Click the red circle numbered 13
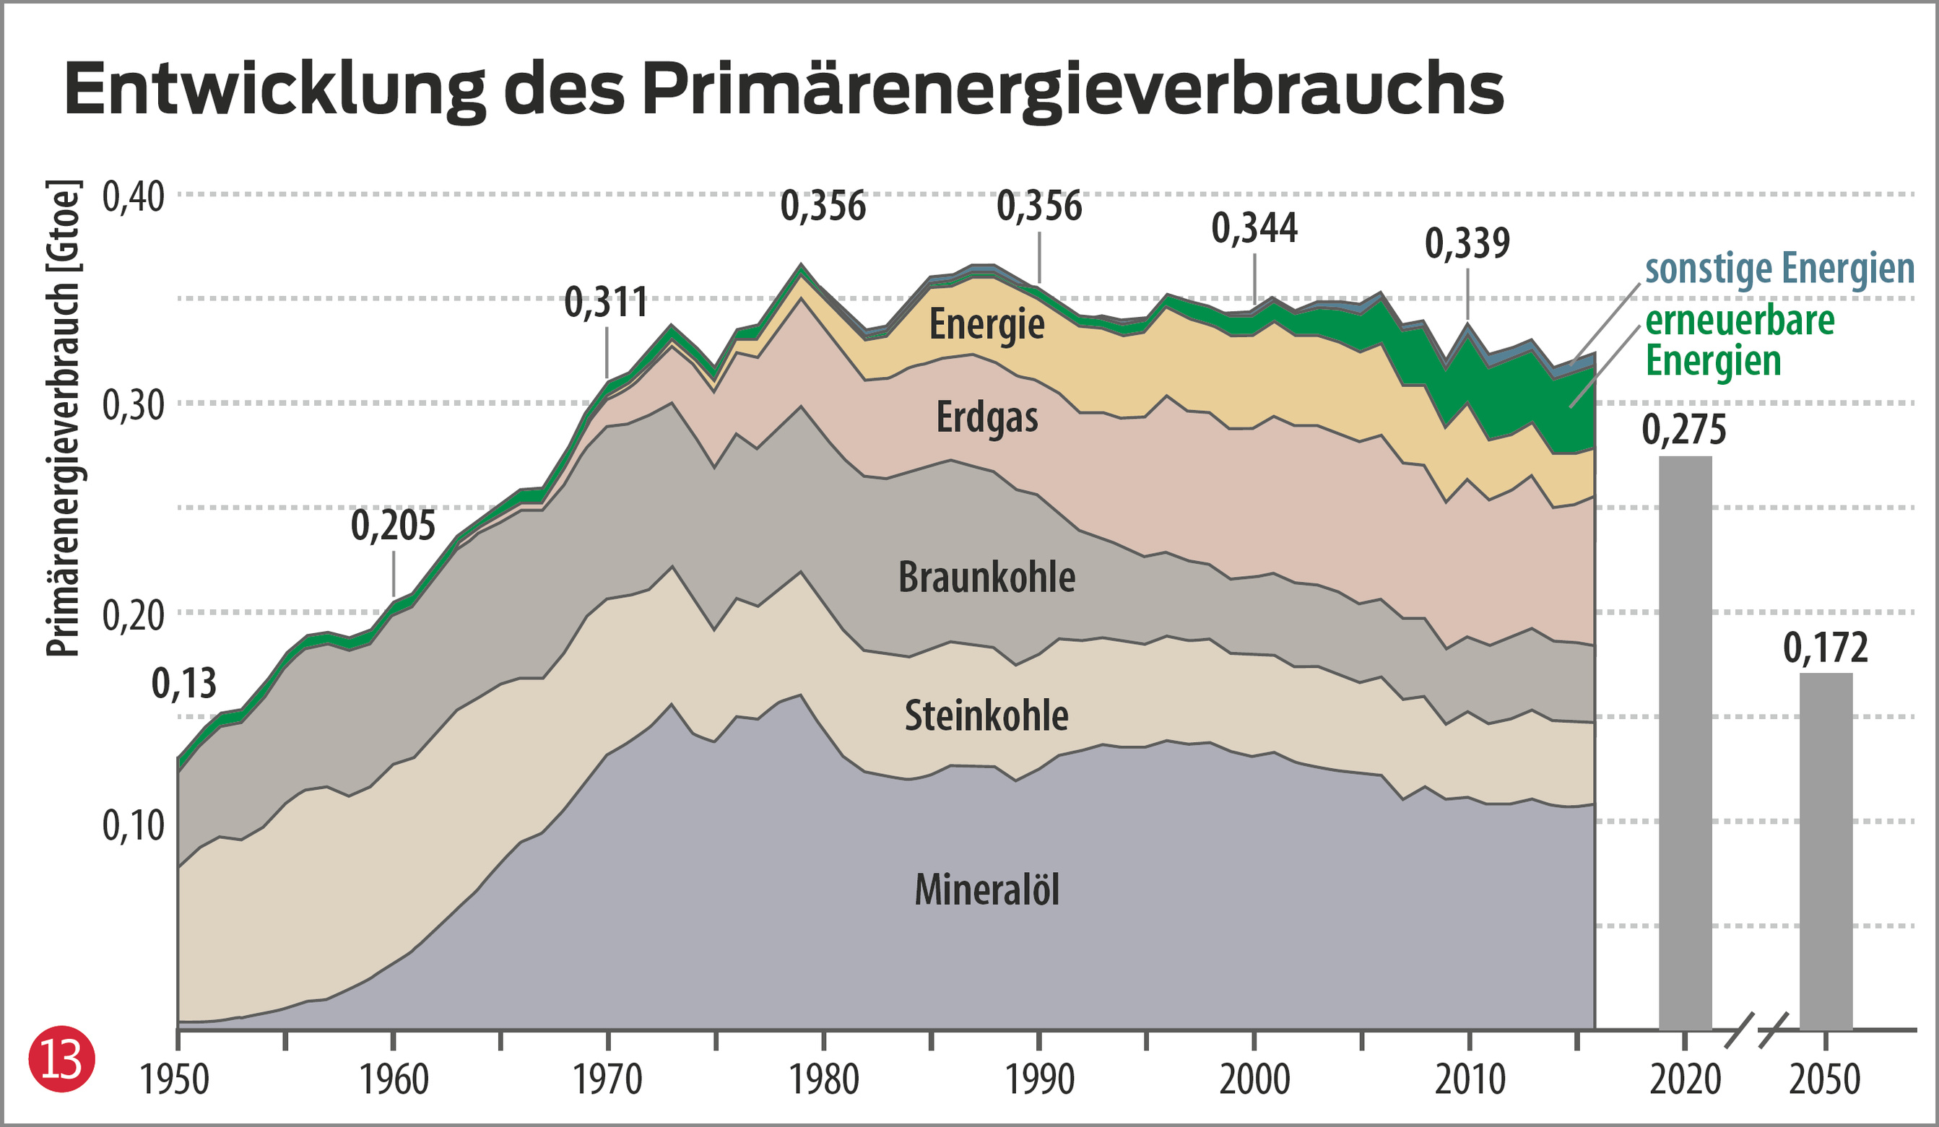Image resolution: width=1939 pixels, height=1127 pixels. [x=61, y=1059]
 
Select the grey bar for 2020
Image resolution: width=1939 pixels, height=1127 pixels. [x=1685, y=742]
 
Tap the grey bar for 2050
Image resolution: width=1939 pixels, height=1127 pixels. [x=1826, y=850]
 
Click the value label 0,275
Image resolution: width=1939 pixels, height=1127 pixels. [x=1684, y=430]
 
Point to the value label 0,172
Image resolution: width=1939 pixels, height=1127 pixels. [x=1825, y=648]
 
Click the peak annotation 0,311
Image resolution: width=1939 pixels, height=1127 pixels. [x=607, y=303]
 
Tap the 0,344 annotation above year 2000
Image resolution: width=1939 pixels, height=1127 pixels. [x=1254, y=228]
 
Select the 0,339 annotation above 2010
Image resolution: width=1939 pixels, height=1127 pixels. [x=1467, y=244]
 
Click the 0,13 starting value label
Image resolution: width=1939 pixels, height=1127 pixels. [x=184, y=684]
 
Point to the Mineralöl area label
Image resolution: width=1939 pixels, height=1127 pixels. [x=986, y=891]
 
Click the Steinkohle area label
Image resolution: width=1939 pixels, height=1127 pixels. [x=986, y=716]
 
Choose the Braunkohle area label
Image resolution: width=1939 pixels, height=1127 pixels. [x=986, y=578]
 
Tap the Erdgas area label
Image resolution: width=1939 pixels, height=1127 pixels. [x=986, y=419]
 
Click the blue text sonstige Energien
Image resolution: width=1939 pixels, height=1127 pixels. [x=1779, y=269]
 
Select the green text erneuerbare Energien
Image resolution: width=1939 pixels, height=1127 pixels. [x=1739, y=341]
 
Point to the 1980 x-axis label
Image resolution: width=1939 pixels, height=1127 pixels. [x=824, y=1081]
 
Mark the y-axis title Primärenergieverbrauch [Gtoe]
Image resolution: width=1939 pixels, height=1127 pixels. [x=63, y=419]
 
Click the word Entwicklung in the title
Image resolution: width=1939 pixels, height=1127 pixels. [x=274, y=90]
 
